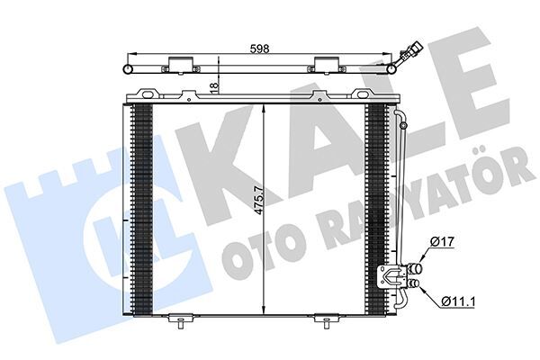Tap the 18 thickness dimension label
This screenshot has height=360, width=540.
tap(214, 85)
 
